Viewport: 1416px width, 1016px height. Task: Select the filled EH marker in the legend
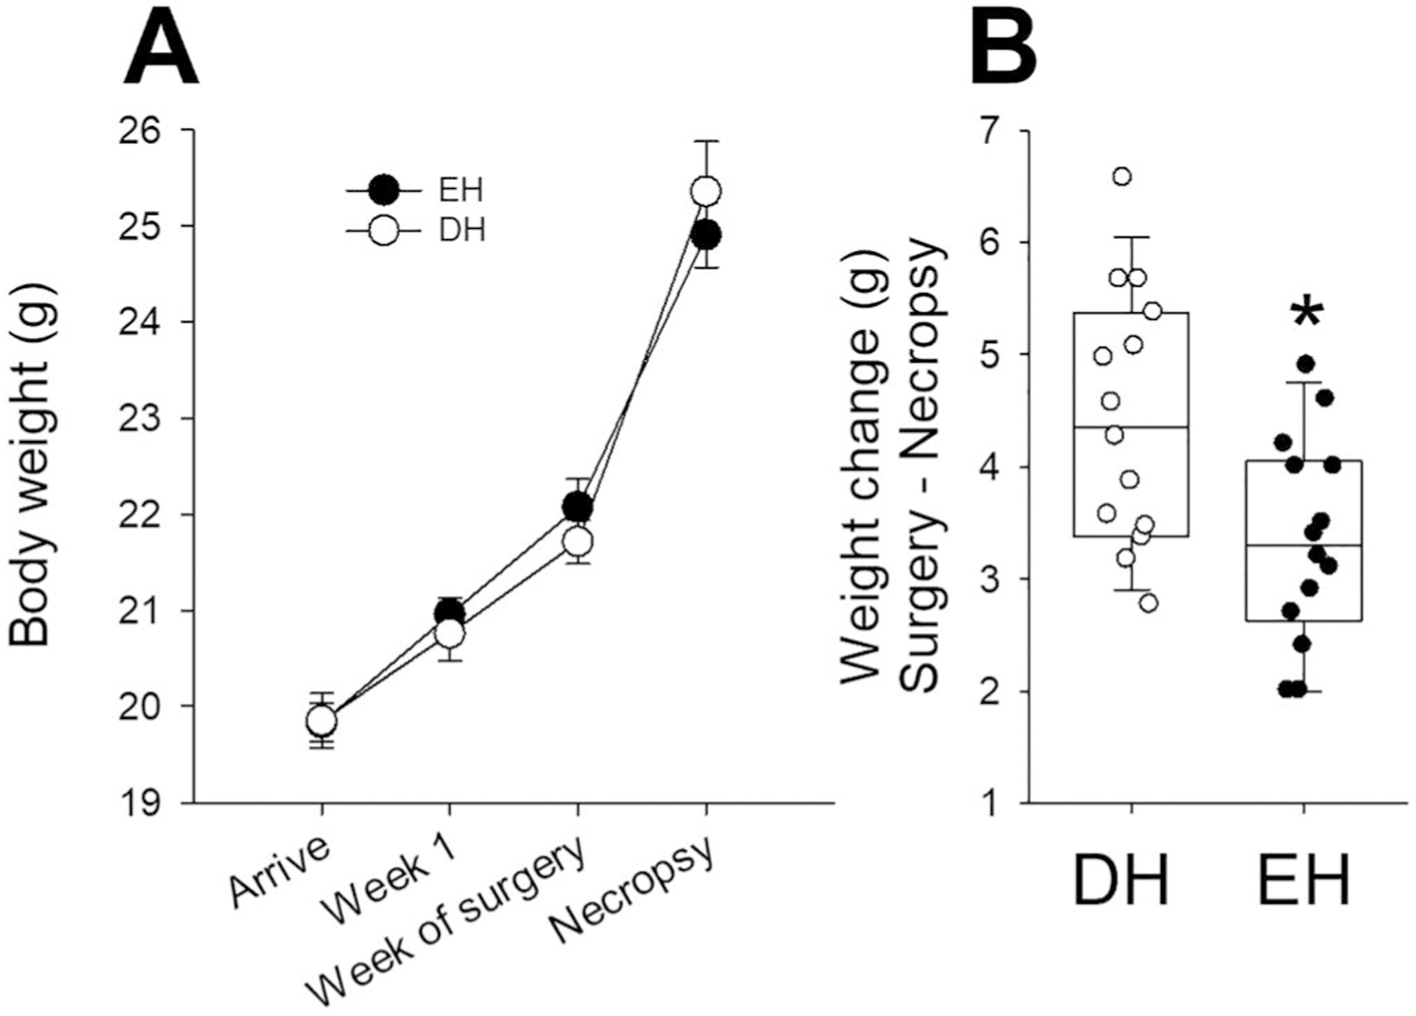pyautogui.click(x=385, y=190)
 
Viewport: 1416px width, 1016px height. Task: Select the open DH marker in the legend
pyautogui.click(x=385, y=231)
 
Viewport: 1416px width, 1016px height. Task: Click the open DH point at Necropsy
pyautogui.click(x=706, y=191)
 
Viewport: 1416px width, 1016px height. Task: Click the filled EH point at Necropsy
pyautogui.click(x=706, y=235)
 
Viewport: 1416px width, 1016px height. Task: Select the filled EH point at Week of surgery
pyautogui.click(x=577, y=507)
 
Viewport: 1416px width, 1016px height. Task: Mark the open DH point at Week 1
pyautogui.click(x=449, y=633)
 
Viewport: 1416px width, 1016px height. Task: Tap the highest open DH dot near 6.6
pyautogui.click(x=1123, y=176)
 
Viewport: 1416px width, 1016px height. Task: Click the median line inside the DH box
pyautogui.click(x=1130, y=427)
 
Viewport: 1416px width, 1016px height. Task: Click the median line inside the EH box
pyautogui.click(x=1304, y=545)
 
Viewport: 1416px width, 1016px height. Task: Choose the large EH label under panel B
pyautogui.click(x=1304, y=882)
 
